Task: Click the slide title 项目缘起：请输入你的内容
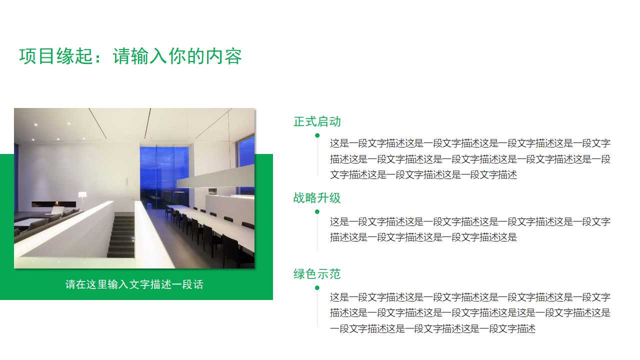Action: tap(130, 56)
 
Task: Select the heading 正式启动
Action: tap(317, 121)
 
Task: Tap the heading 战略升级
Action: tap(317, 198)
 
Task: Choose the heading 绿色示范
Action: tap(317, 274)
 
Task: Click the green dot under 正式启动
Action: tap(317, 135)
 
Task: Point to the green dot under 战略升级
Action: tap(317, 211)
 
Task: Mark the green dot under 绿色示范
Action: tap(317, 287)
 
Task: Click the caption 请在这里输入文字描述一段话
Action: tap(134, 284)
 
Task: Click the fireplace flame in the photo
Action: tap(56, 203)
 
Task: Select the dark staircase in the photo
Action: tap(121, 235)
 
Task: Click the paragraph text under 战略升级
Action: tap(470, 229)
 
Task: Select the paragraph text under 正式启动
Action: tap(470, 159)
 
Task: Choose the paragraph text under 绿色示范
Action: tap(470, 313)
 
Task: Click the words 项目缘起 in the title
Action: tap(56, 56)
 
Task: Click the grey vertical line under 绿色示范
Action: tap(317, 310)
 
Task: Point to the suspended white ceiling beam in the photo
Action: tap(215, 176)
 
